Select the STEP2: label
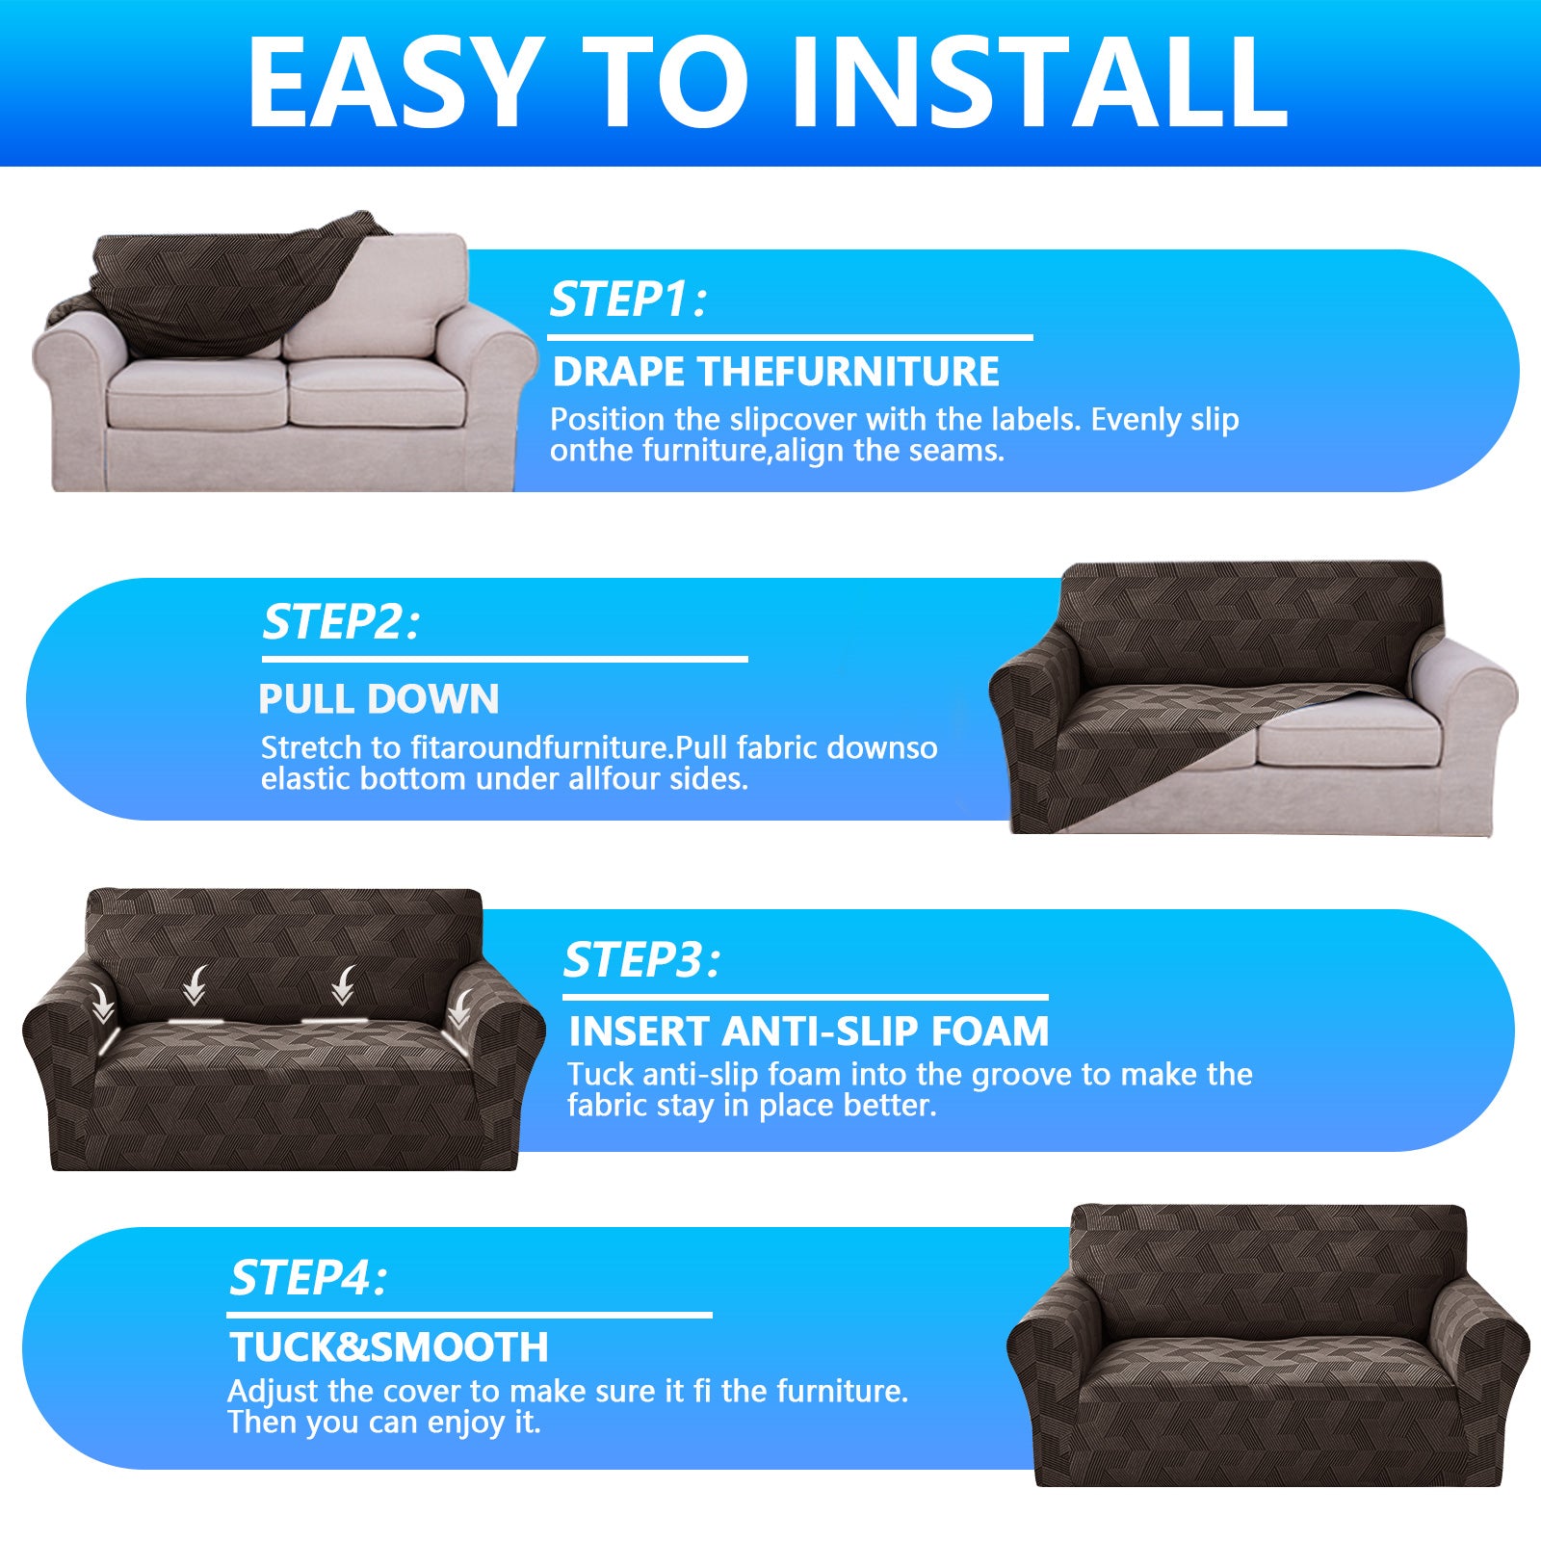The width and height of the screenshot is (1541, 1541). click(341, 622)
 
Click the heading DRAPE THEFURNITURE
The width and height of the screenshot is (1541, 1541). click(775, 372)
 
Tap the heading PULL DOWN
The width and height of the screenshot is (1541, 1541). click(379, 699)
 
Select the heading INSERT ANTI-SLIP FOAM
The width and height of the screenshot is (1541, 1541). click(808, 1032)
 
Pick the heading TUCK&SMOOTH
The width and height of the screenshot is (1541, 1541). click(388, 1347)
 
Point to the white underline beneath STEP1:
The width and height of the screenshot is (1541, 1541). click(790, 338)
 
